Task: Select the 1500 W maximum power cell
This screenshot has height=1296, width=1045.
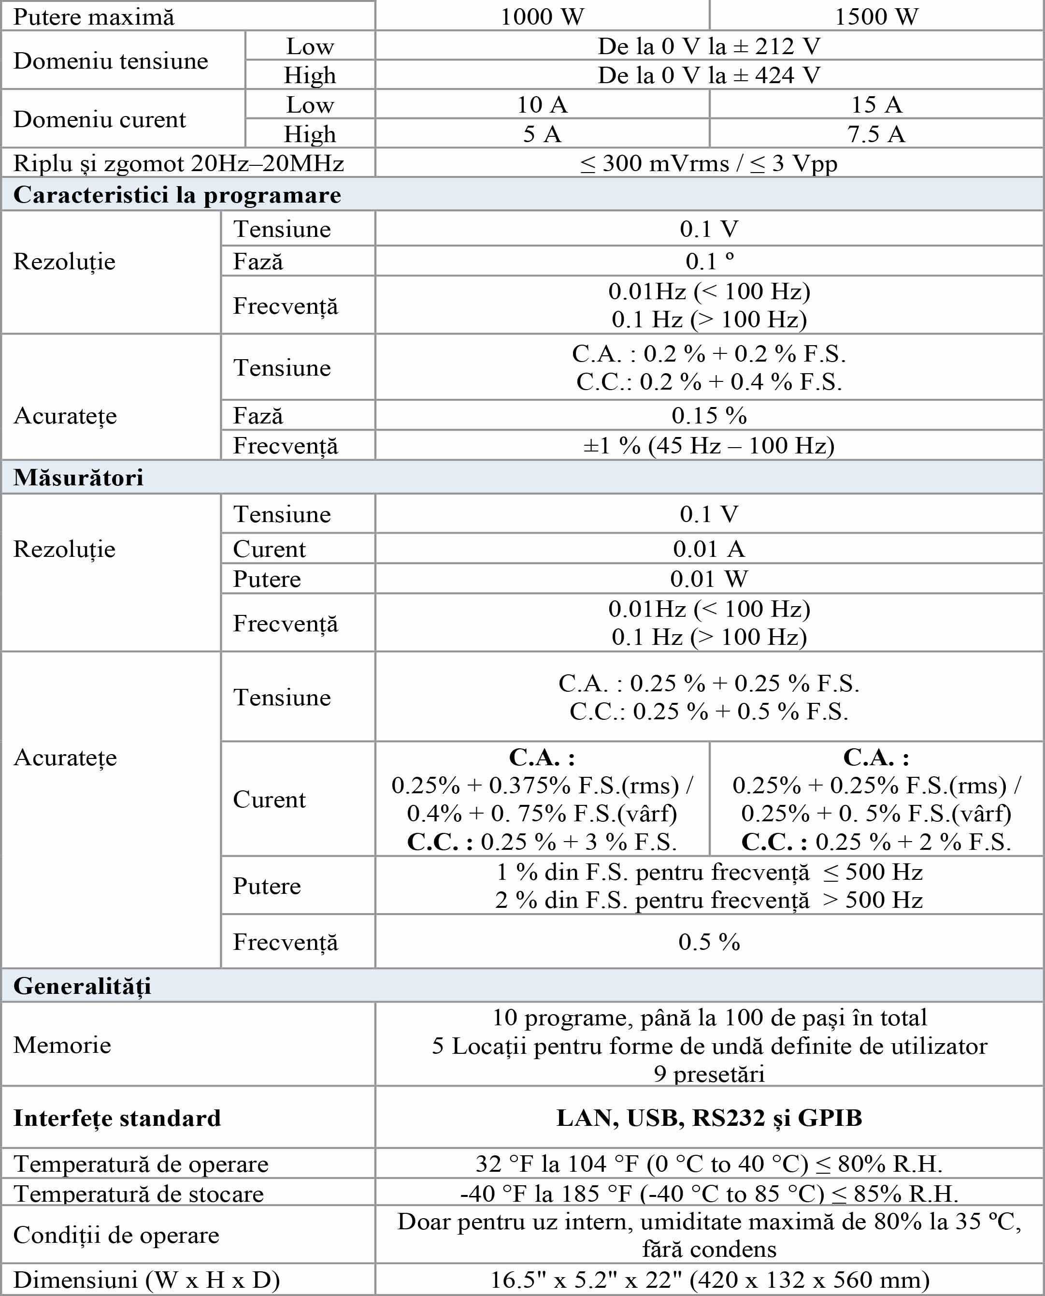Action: click(x=876, y=16)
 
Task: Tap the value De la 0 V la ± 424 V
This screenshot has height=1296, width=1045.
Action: click(x=709, y=75)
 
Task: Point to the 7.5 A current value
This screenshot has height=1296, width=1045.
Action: click(x=876, y=134)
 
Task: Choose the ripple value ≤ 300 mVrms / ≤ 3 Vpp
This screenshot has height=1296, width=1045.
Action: click(x=709, y=163)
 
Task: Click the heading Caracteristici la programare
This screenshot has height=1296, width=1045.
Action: click(x=177, y=195)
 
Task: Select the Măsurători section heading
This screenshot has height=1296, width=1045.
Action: click(x=78, y=477)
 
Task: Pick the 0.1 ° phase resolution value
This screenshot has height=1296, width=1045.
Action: click(x=709, y=261)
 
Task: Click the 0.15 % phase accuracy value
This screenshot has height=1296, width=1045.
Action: click(x=709, y=416)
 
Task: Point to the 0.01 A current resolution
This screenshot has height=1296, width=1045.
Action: click(x=709, y=549)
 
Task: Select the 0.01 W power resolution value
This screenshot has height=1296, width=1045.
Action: click(x=709, y=579)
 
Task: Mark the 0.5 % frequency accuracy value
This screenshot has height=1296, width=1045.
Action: click(x=709, y=942)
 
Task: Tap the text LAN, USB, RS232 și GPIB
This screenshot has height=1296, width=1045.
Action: click(x=709, y=1118)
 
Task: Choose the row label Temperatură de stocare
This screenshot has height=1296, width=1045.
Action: click(x=139, y=1194)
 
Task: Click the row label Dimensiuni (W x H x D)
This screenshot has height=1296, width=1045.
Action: click(x=146, y=1279)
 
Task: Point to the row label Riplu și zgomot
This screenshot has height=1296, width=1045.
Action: click(x=178, y=163)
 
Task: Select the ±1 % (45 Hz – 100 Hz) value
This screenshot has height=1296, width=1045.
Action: click(x=709, y=446)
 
